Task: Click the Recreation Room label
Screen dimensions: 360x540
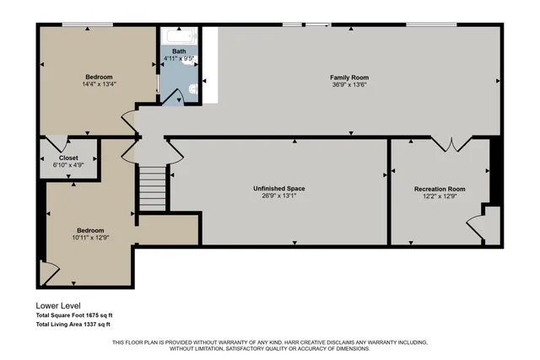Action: point(439,189)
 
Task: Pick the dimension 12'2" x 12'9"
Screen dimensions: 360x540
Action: point(439,196)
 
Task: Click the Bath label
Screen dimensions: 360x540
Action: point(179,51)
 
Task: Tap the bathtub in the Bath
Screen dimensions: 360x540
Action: point(179,37)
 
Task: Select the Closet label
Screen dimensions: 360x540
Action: point(68,158)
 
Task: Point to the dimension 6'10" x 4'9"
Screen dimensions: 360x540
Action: point(68,165)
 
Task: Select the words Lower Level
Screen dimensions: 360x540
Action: point(57,306)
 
